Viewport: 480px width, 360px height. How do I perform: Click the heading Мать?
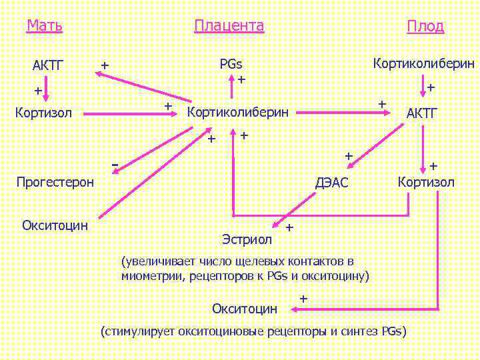pyautogui.click(x=45, y=26)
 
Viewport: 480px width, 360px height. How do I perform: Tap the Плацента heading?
pyautogui.click(x=229, y=26)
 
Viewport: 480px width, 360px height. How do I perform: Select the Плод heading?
pyautogui.click(x=425, y=27)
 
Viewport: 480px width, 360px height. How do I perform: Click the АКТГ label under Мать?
pyautogui.click(x=47, y=65)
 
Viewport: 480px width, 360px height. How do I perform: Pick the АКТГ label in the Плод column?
pyautogui.click(x=422, y=113)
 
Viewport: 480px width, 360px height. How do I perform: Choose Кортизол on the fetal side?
pyautogui.click(x=426, y=182)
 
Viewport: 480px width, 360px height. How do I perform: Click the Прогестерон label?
pyautogui.click(x=55, y=182)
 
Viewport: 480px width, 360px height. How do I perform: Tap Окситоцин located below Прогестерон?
pyautogui.click(x=55, y=225)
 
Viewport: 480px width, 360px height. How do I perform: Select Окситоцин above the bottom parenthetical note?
pyautogui.click(x=245, y=308)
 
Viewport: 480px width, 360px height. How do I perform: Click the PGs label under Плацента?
pyautogui.click(x=231, y=65)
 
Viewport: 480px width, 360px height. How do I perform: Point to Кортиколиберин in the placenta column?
pyautogui.click(x=239, y=111)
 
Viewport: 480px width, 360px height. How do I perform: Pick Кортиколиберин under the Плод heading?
pyautogui.click(x=424, y=64)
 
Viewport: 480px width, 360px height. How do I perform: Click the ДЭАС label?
pyautogui.click(x=332, y=183)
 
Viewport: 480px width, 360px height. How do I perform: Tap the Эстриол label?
pyautogui.click(x=247, y=238)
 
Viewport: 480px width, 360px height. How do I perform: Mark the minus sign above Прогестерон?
pyautogui.click(x=115, y=163)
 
